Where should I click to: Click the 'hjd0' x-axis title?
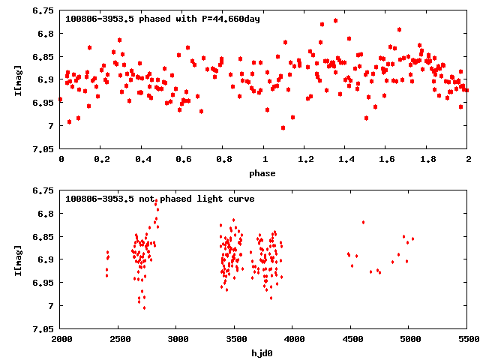tap(264, 353)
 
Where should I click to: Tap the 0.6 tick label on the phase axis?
tap(182, 160)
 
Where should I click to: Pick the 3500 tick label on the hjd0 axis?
tap(235, 340)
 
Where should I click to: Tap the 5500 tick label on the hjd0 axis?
tap(468, 340)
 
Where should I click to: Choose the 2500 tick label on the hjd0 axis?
tap(118, 340)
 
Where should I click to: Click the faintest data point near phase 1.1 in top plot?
tap(283, 127)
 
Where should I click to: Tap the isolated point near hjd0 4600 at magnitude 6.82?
tap(363, 222)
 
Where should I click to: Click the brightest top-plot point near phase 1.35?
tap(335, 20)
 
